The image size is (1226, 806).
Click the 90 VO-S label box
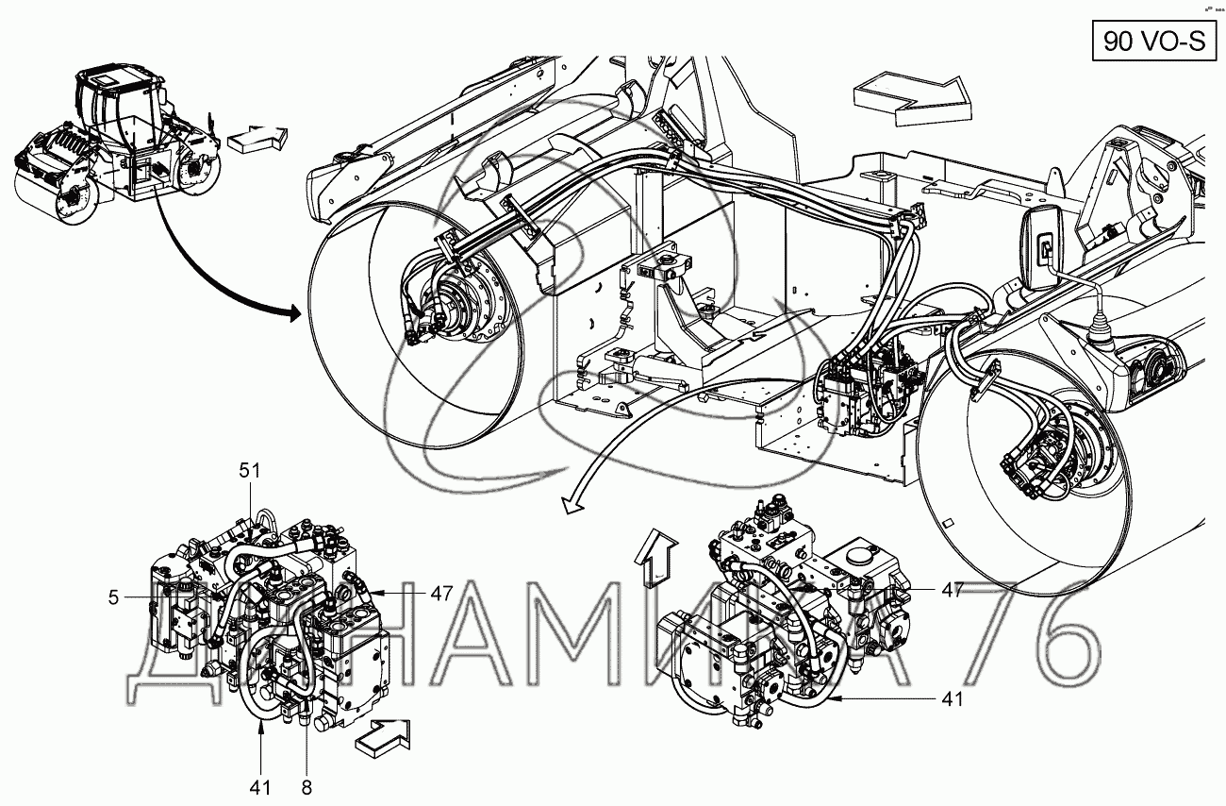click(1154, 40)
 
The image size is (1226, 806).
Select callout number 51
click(249, 470)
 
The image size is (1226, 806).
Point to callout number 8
click(306, 785)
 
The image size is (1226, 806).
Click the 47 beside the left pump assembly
click(442, 594)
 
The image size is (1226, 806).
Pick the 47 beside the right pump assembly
click(951, 590)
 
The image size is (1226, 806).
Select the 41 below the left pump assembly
click(261, 785)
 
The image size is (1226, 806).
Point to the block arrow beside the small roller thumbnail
click(256, 138)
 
